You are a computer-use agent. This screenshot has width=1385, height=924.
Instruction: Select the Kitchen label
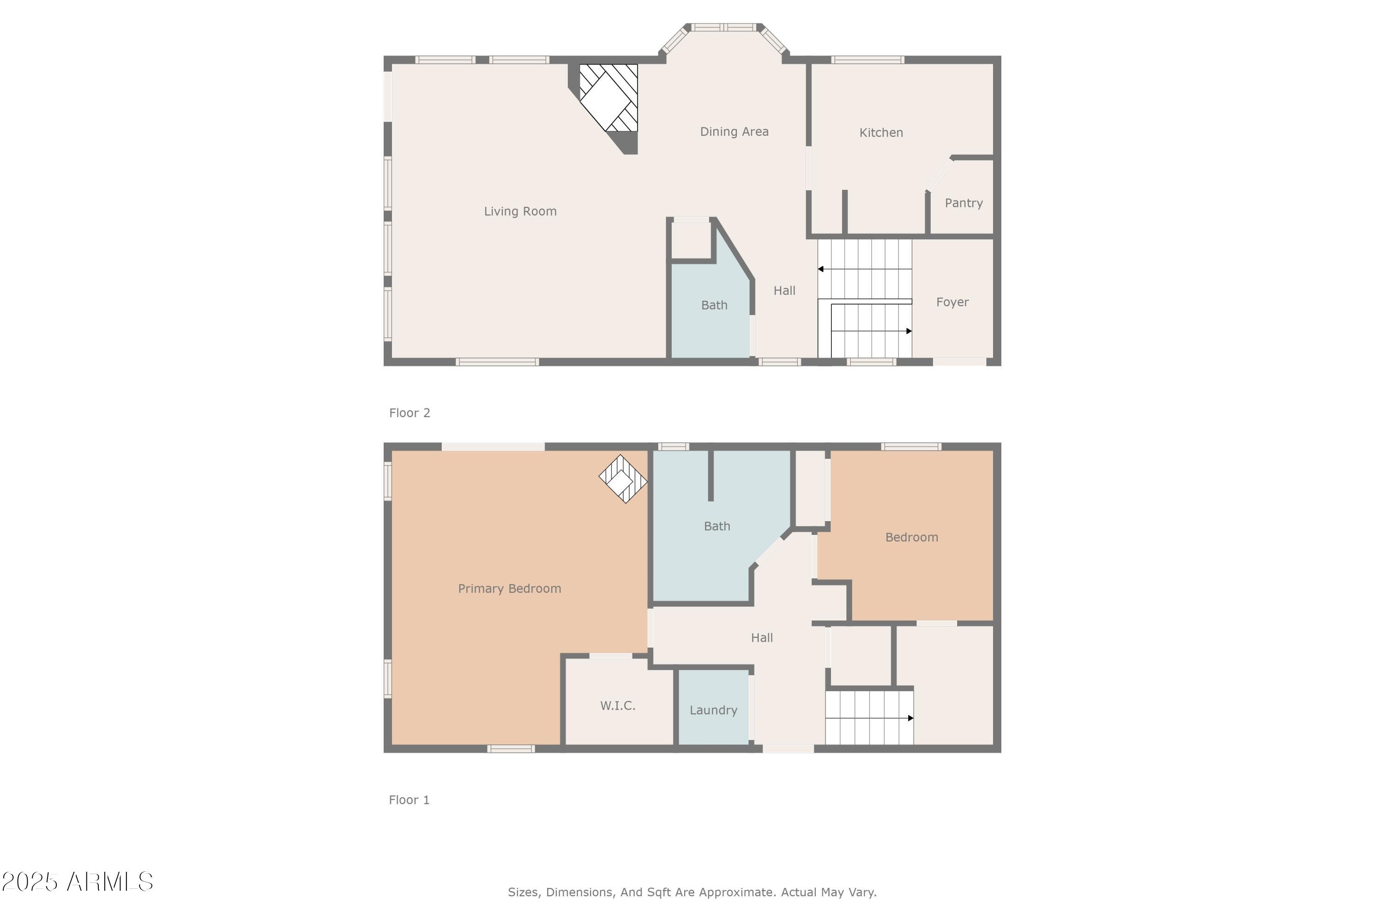tap(881, 133)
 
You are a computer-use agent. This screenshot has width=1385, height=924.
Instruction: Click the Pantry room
tap(963, 203)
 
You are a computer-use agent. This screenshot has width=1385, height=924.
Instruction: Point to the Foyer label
tap(952, 302)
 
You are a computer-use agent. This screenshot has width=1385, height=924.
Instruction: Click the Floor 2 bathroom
tap(714, 305)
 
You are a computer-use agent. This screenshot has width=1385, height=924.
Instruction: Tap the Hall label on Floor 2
tap(784, 291)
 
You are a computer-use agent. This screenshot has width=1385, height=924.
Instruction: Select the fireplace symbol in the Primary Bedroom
tap(622, 479)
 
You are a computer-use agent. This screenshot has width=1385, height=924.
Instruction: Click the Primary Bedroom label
tap(509, 588)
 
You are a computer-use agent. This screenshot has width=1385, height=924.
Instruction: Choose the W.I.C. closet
tap(618, 705)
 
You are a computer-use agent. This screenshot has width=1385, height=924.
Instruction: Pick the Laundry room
tap(713, 710)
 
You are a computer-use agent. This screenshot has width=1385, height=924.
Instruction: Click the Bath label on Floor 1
tap(717, 526)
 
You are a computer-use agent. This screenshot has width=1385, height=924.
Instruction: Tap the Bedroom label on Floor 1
tap(911, 537)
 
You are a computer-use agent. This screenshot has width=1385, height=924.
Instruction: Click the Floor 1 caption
tap(409, 800)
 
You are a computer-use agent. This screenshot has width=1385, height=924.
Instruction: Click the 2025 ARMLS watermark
tap(77, 881)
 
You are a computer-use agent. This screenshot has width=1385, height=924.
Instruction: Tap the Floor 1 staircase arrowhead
tap(910, 718)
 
